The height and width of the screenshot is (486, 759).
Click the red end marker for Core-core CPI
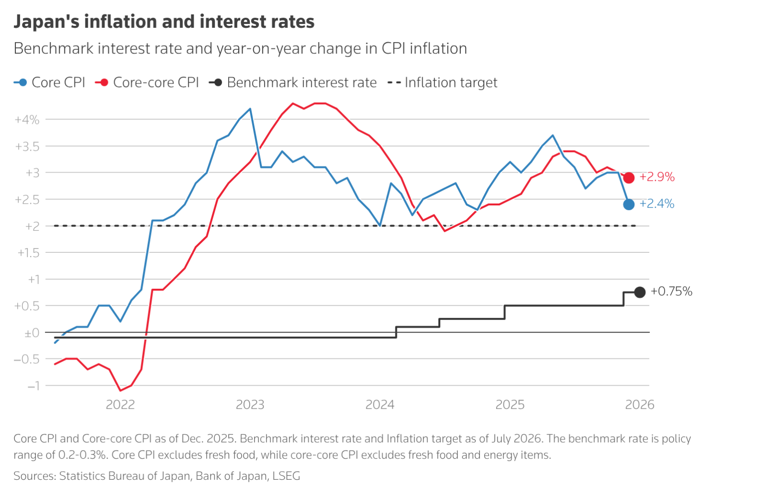tap(629, 178)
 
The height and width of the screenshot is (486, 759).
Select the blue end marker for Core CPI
tap(629, 204)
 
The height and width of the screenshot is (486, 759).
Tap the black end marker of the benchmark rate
tap(640, 292)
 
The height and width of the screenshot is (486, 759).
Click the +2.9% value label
tap(657, 177)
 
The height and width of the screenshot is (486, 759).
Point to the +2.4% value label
tap(657, 204)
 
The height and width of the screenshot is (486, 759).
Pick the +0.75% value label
tap(671, 291)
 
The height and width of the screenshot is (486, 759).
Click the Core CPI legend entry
tap(50, 83)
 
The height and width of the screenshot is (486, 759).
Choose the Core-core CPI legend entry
tap(147, 83)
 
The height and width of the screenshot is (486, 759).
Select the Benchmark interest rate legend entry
tap(293, 83)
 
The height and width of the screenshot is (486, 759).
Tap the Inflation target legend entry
tap(443, 83)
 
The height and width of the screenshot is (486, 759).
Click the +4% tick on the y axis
tap(27, 119)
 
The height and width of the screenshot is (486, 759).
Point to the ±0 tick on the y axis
tap(32, 332)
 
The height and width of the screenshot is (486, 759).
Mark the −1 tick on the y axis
tap(33, 386)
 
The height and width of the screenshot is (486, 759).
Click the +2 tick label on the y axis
tap(32, 226)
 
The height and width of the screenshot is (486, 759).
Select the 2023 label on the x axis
tap(250, 405)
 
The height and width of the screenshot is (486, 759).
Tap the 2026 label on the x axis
tap(640, 405)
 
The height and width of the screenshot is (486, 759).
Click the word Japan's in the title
tap(46, 22)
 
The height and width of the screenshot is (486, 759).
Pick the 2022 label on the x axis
tap(120, 405)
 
